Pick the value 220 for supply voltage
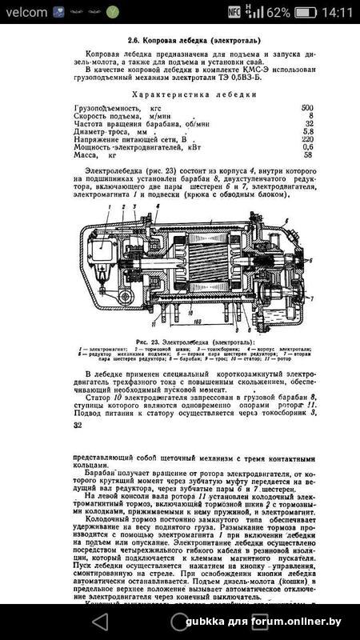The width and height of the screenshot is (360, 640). pyautogui.click(x=306, y=138)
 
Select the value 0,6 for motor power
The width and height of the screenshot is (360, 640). pyautogui.click(x=308, y=147)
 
